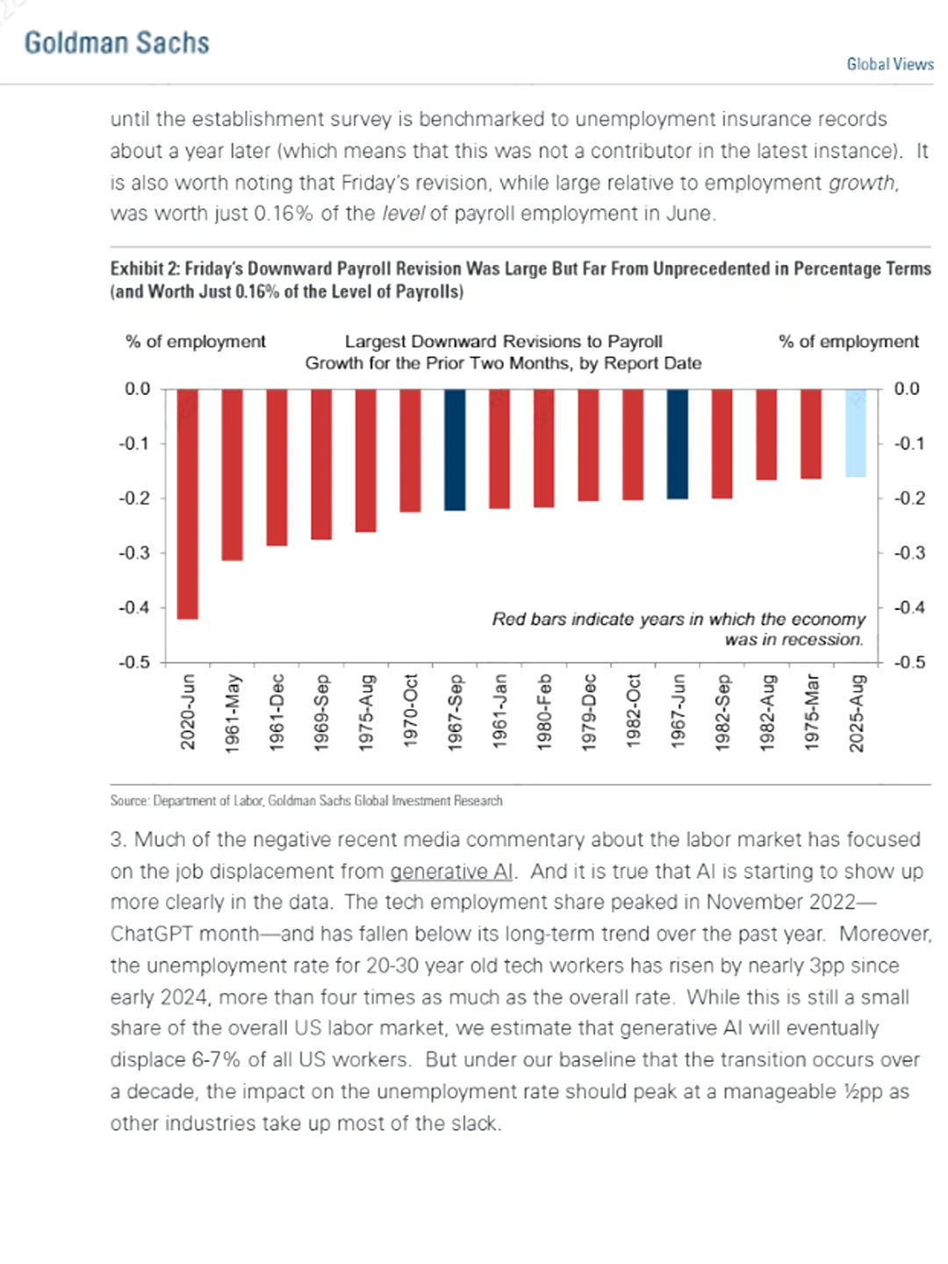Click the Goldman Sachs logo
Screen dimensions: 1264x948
[x=117, y=43]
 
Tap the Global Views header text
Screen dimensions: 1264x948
[x=889, y=64]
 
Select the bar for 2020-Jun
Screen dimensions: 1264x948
[x=187, y=504]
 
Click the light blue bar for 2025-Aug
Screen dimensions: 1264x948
[x=856, y=433]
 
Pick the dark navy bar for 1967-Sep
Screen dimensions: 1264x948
[x=455, y=449]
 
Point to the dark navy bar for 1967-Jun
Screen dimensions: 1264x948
[x=678, y=444]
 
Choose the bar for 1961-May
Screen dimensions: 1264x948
[x=232, y=474]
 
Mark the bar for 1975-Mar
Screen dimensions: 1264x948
[x=811, y=434]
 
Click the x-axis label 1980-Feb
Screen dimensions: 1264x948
[x=544, y=711]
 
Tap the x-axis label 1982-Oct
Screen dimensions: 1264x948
[x=633, y=711]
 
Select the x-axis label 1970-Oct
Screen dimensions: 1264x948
[x=410, y=711]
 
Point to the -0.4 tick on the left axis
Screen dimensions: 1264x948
[x=134, y=607]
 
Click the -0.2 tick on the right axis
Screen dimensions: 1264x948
[x=909, y=498]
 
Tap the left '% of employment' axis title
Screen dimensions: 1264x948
[x=195, y=341]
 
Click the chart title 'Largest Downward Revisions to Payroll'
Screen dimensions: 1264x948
[x=503, y=341]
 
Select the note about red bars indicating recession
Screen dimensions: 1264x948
[x=678, y=628]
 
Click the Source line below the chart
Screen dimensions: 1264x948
[x=306, y=801]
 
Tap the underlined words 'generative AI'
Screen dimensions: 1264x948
[x=451, y=871]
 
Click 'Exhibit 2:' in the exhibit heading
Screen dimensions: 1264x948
[x=144, y=269]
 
